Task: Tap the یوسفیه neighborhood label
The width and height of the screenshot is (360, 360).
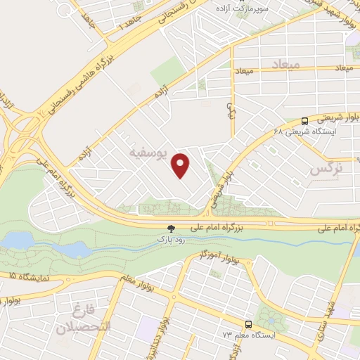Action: (x=150, y=153)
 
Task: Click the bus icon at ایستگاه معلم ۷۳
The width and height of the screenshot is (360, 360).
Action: (x=247, y=324)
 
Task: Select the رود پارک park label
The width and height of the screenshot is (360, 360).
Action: (x=170, y=239)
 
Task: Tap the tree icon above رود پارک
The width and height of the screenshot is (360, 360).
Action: (x=170, y=228)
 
